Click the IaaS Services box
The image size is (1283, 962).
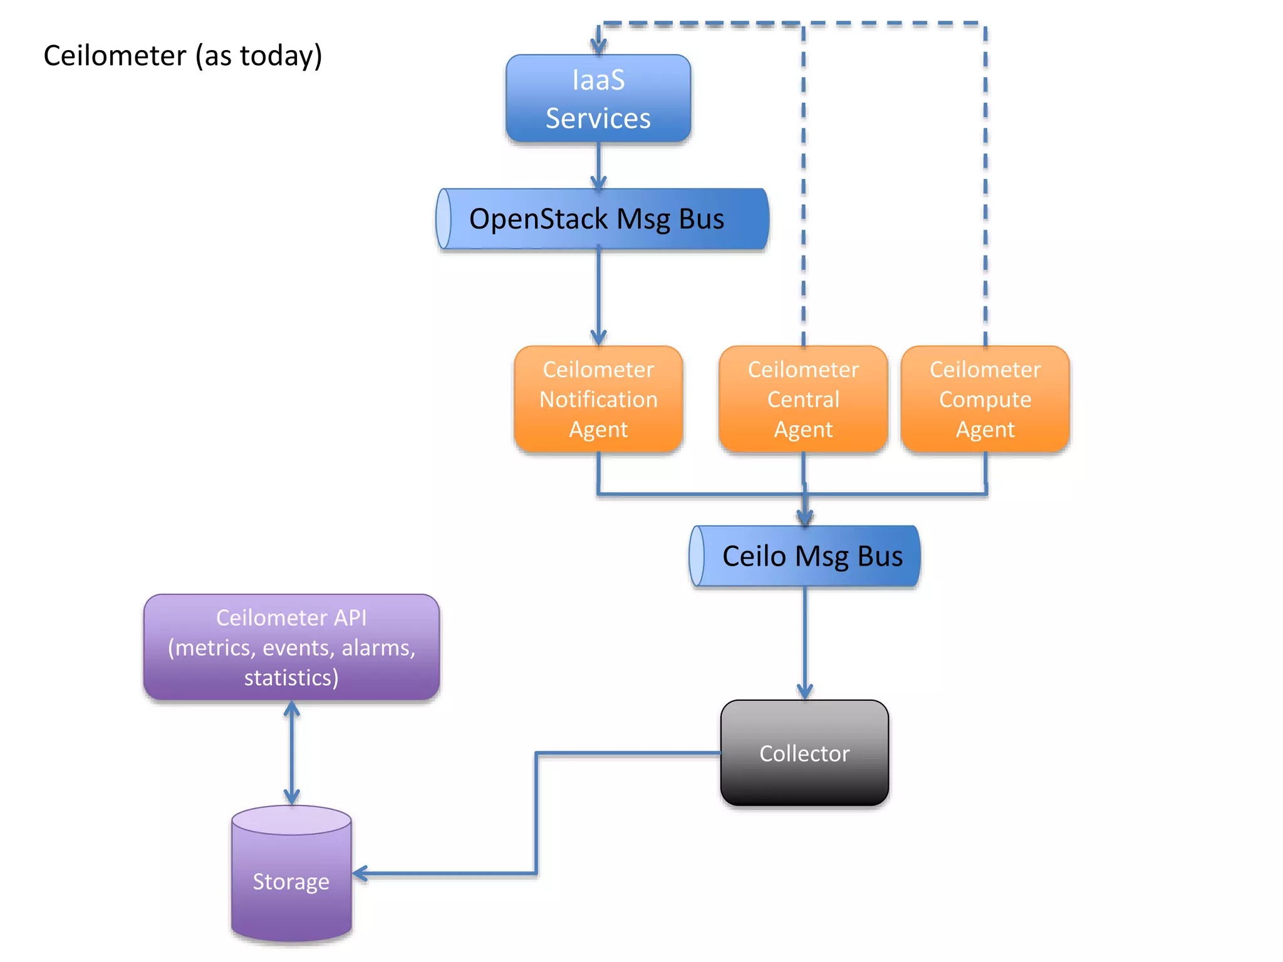pyautogui.click(x=598, y=98)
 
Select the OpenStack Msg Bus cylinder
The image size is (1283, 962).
pyautogui.click(x=601, y=219)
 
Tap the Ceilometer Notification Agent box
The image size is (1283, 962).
pyautogui.click(x=598, y=399)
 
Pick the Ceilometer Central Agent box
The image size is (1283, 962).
pyautogui.click(x=803, y=399)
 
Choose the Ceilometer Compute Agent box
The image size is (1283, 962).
pyautogui.click(x=985, y=399)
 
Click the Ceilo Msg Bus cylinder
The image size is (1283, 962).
pyautogui.click(x=805, y=556)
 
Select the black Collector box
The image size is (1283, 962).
pyautogui.click(x=804, y=753)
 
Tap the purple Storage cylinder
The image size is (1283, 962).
pyautogui.click(x=291, y=880)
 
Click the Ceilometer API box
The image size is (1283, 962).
pyautogui.click(x=291, y=647)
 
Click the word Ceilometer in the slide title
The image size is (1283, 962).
pyautogui.click(x=115, y=56)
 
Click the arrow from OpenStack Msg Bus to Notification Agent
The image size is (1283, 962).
pyautogui.click(x=598, y=294)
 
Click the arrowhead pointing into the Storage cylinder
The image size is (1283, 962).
pyautogui.click(x=361, y=873)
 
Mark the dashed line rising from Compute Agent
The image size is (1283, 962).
pyautogui.click(x=985, y=188)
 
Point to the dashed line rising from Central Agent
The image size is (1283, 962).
pyautogui.click(x=803, y=188)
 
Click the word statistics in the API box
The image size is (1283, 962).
pyautogui.click(x=288, y=678)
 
